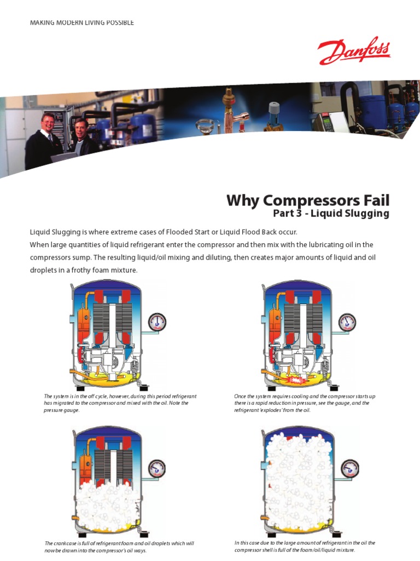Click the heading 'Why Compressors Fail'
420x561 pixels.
click(308, 200)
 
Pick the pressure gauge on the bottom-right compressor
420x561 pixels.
click(350, 468)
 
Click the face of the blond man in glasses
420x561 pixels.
click(48, 122)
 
